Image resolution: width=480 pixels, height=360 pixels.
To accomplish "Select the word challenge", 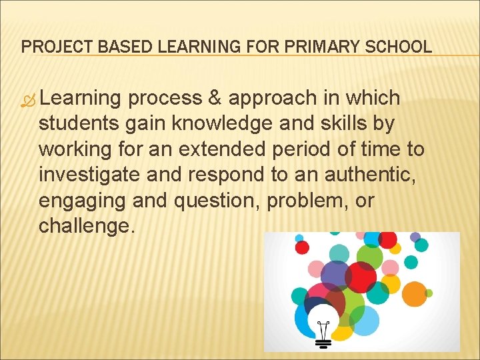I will click(x=87, y=225).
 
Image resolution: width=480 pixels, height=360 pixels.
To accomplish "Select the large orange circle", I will click(x=415, y=293).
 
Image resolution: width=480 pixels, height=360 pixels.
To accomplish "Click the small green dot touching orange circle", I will click(x=429, y=293).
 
